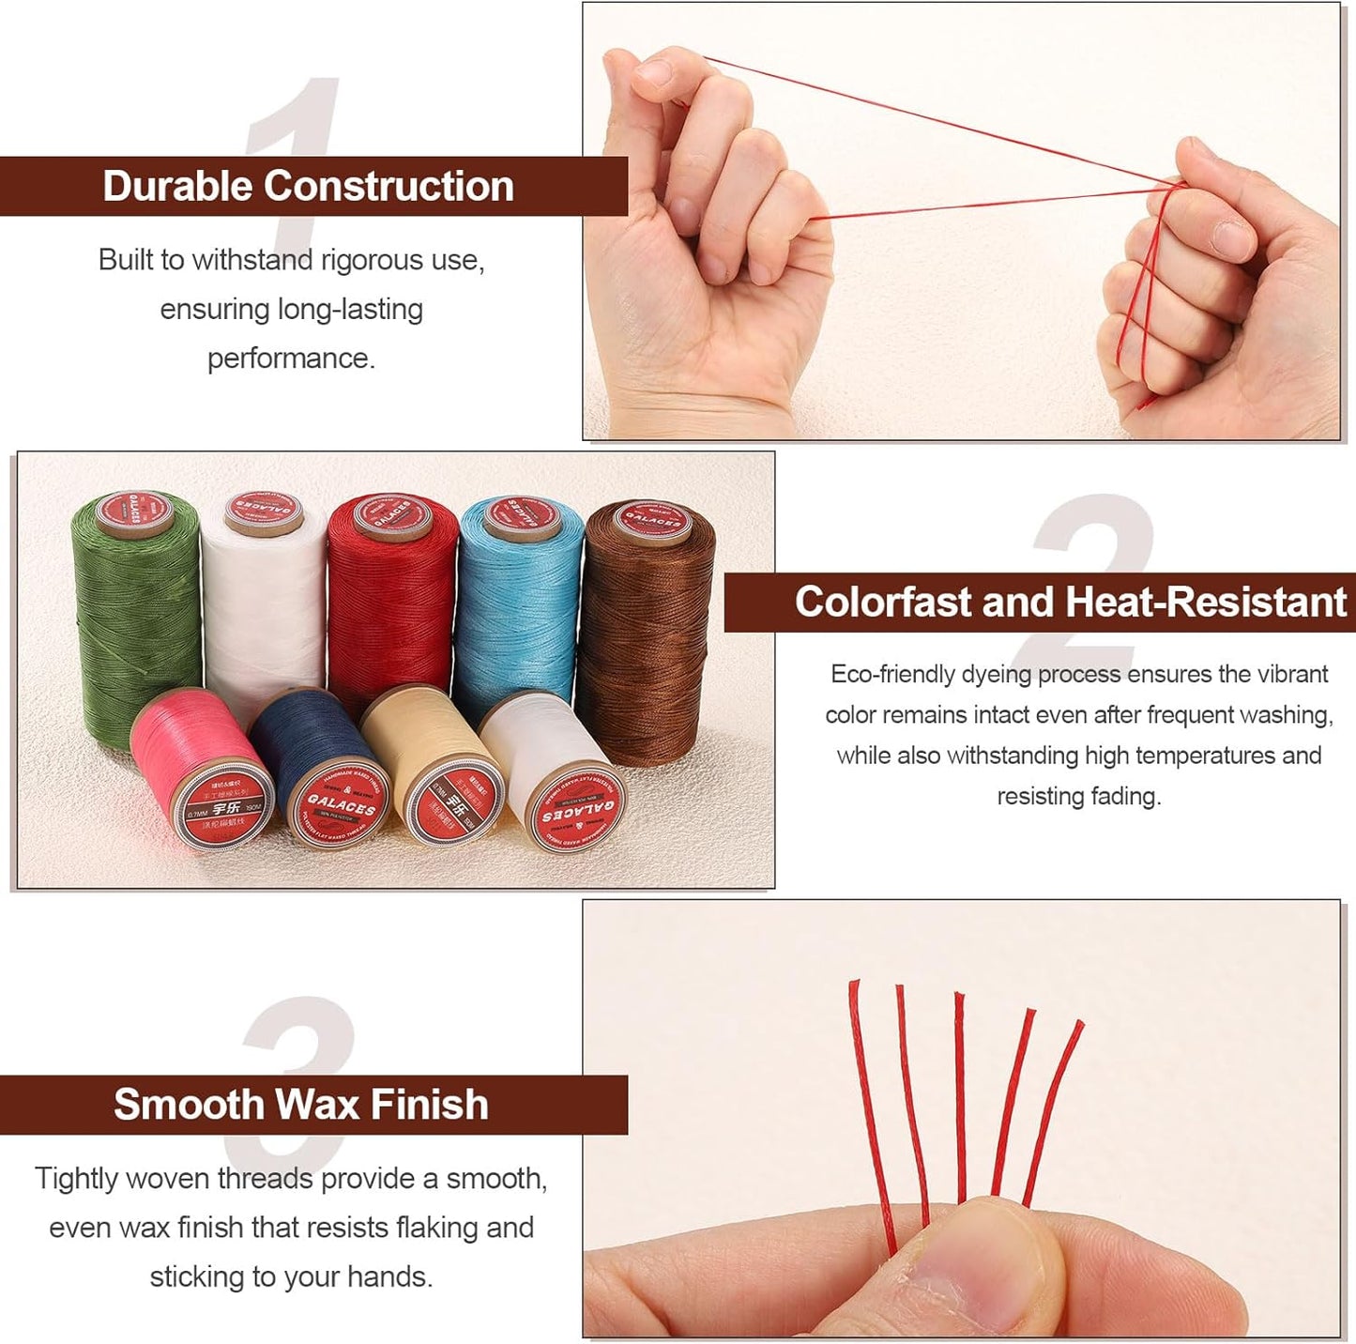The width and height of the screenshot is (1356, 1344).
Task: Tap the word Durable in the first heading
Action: click(x=178, y=186)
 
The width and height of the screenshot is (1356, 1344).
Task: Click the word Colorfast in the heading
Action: click(x=882, y=602)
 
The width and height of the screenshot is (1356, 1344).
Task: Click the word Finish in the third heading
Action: click(x=429, y=1105)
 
